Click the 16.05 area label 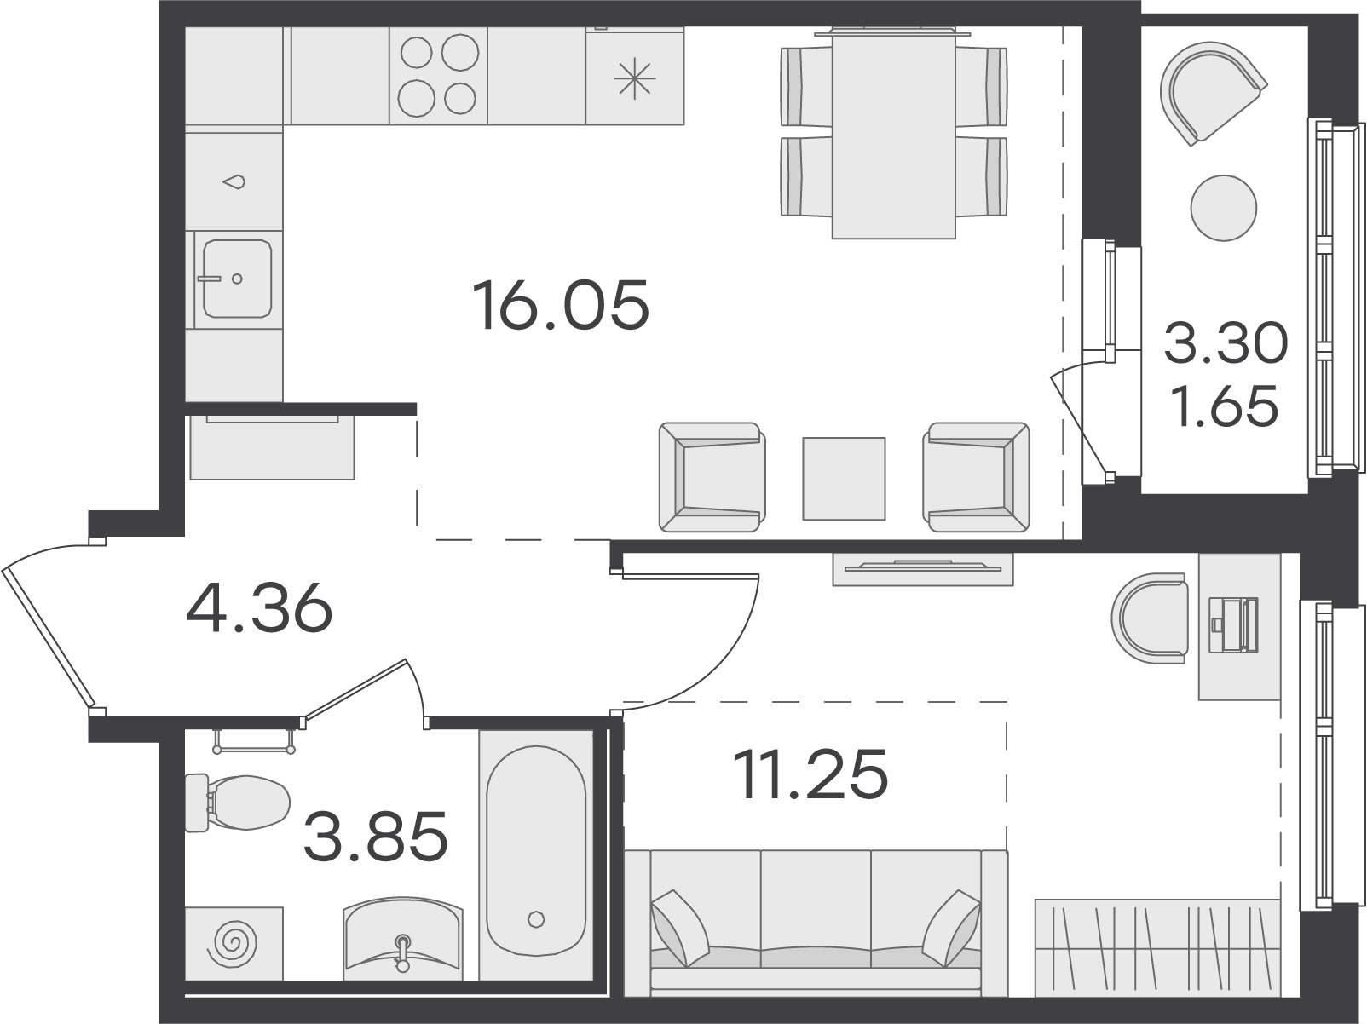[x=561, y=305]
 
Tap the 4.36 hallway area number [x=259, y=607]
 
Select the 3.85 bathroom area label [x=376, y=836]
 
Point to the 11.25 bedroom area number [x=810, y=774]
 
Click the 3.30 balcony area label [x=1226, y=342]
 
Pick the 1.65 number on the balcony [x=1225, y=406]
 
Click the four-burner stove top [x=438, y=75]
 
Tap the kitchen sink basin [x=237, y=279]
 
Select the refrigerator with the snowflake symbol [x=635, y=76]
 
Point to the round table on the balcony [x=1223, y=208]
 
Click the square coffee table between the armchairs [x=844, y=478]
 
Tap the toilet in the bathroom [x=237, y=803]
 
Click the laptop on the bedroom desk [x=1233, y=624]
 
